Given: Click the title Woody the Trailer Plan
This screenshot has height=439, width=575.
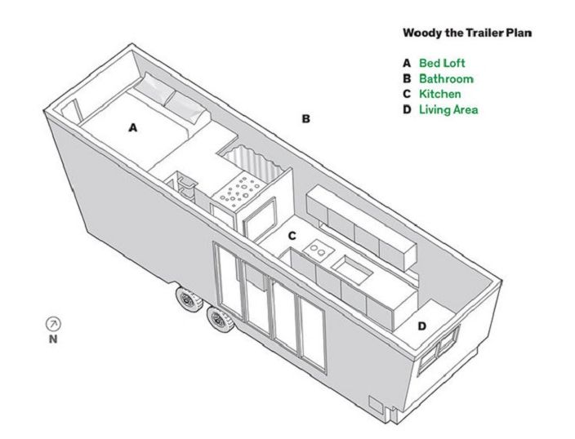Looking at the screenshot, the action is tap(467, 33).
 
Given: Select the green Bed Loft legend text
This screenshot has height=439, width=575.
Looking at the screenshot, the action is tap(442, 63).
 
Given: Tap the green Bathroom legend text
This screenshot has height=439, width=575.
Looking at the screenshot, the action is tap(446, 79).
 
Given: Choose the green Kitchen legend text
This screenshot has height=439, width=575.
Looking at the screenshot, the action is tap(440, 94).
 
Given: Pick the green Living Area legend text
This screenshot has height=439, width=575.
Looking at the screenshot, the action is tap(448, 109).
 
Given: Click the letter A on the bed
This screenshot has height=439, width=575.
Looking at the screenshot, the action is tap(133, 127).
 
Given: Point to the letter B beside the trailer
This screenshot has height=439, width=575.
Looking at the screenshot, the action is tap(305, 119).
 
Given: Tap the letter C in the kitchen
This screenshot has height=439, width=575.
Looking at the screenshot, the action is tap(292, 236).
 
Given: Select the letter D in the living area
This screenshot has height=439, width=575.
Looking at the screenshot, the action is tap(422, 326).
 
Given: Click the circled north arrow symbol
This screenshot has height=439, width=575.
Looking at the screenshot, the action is tap(54, 324).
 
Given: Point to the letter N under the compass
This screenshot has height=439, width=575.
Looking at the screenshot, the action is tap(53, 339).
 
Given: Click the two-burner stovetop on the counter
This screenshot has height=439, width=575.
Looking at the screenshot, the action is tap(318, 249).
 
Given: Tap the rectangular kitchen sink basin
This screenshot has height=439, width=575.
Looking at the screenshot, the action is tap(351, 269).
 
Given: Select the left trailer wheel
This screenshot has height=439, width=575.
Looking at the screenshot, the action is tap(189, 299).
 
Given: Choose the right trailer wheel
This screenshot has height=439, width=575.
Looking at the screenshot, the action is tap(220, 319).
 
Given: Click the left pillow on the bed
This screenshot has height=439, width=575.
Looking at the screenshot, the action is tap(154, 87).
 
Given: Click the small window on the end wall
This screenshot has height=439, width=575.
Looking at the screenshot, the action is tap(439, 345).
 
